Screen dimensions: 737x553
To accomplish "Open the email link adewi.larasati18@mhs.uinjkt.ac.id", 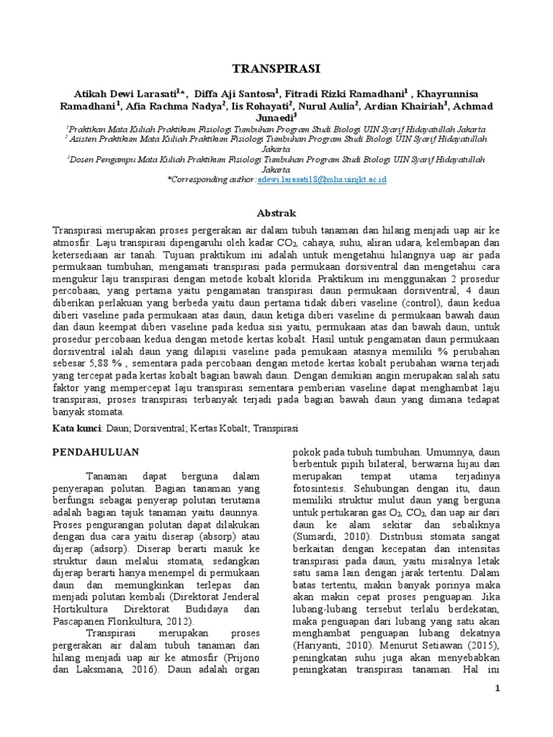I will pos(321,178).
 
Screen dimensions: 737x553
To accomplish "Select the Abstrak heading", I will pos(276,214).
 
